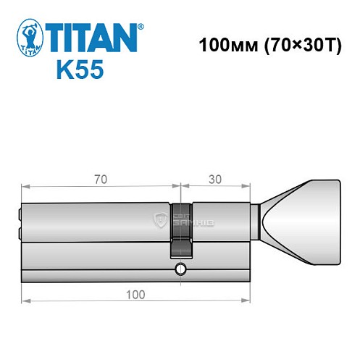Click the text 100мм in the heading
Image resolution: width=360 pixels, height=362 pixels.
[221, 43]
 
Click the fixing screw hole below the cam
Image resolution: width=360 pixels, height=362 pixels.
[179, 271]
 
